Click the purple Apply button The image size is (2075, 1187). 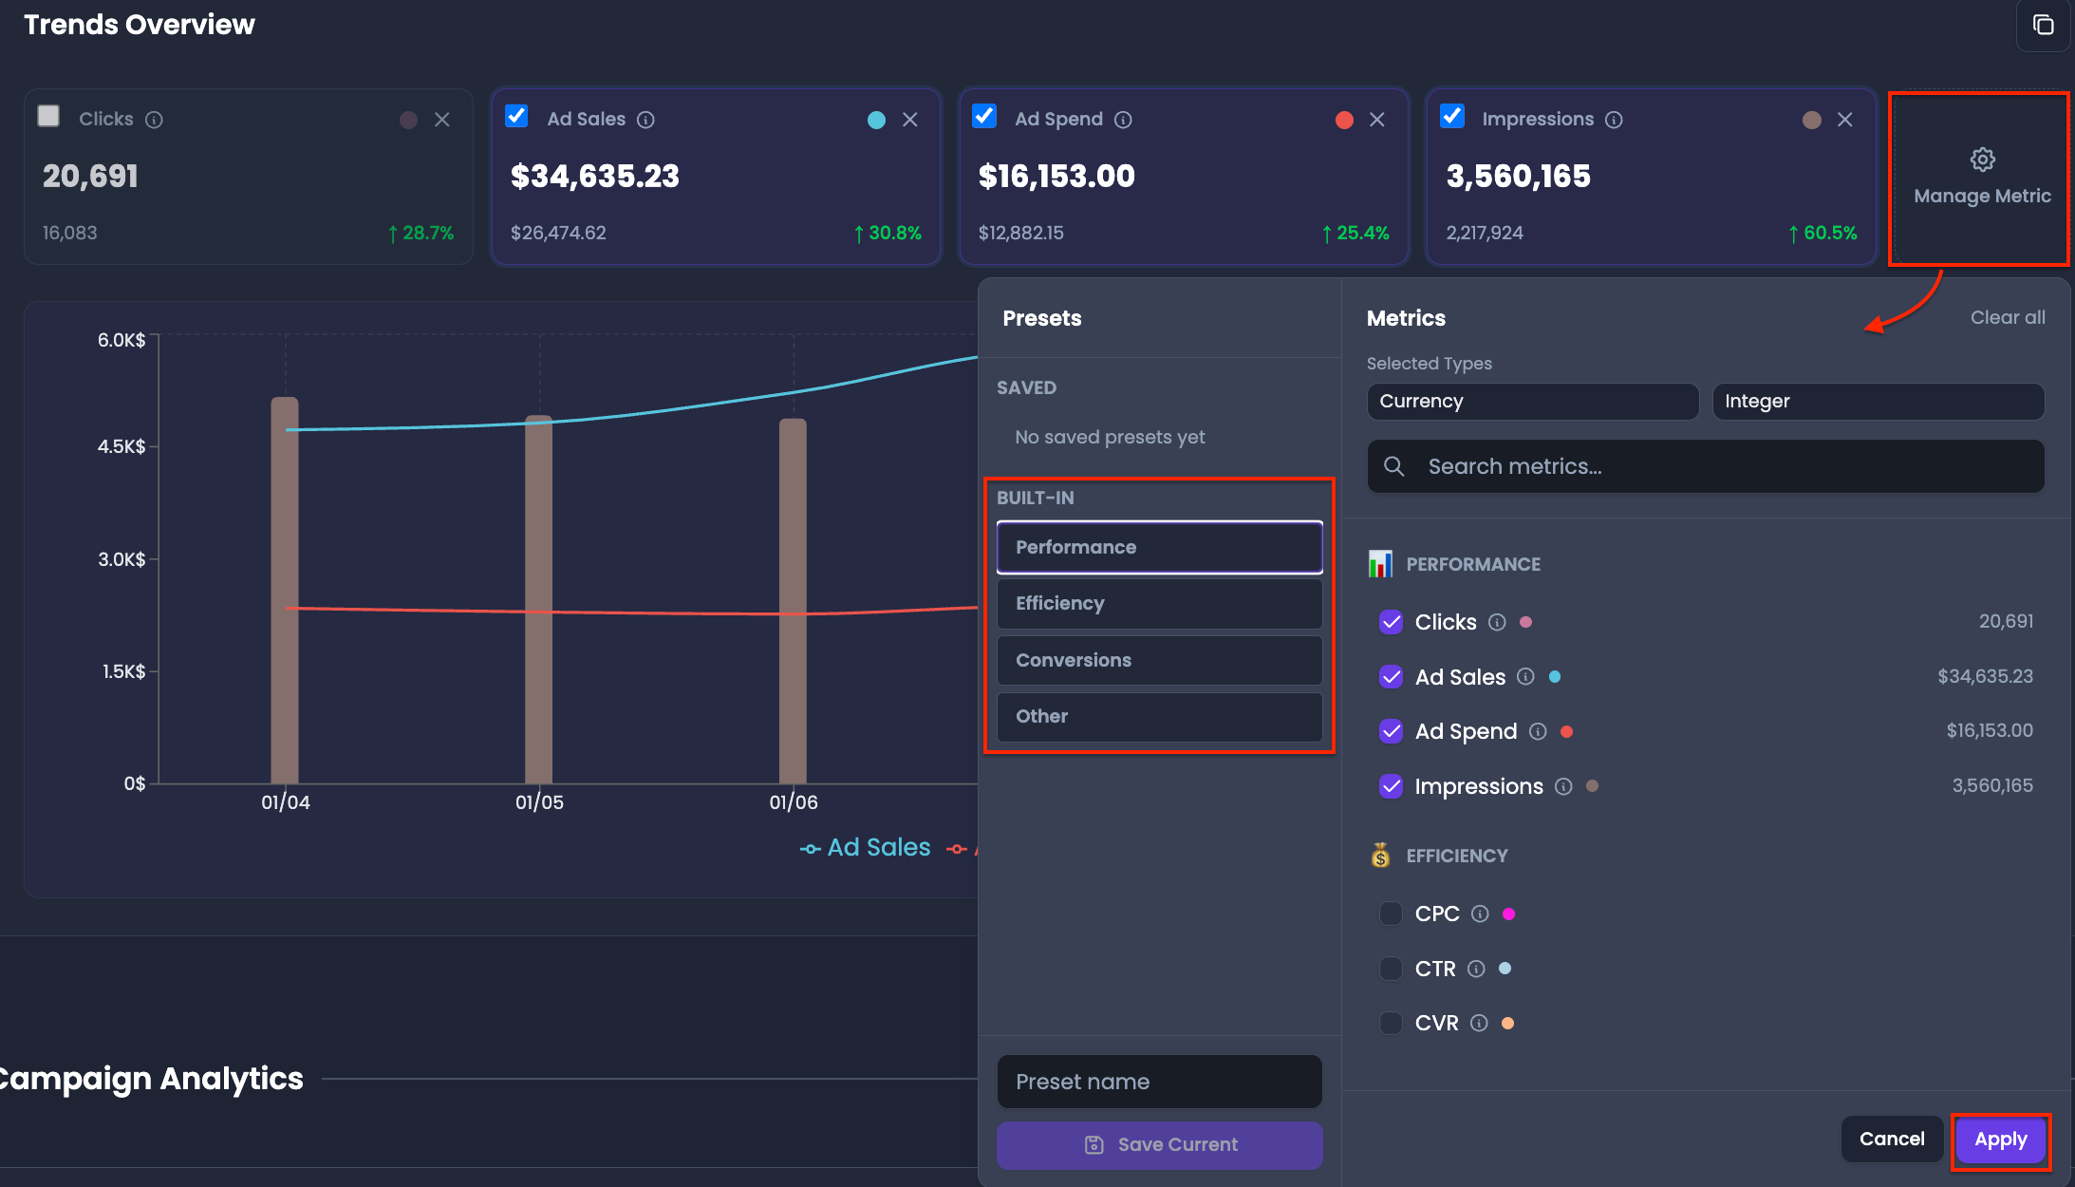[x=2000, y=1140]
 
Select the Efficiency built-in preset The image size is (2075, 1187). [x=1159, y=603]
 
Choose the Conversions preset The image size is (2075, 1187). [x=1159, y=660]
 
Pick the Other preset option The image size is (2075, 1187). [x=1159, y=716]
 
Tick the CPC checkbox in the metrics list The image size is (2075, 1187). [x=1391, y=914]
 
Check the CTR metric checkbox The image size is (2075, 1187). [x=1391, y=969]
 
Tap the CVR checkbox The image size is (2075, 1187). [x=1391, y=1023]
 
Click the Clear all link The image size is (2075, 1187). [x=2008, y=317]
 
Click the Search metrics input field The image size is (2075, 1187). [x=1706, y=466]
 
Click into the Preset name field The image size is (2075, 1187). [x=1159, y=1082]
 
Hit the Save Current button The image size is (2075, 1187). [x=1159, y=1145]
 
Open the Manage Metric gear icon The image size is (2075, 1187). [x=1983, y=160]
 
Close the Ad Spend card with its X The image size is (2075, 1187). [x=1377, y=120]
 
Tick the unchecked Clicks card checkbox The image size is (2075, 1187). [x=48, y=116]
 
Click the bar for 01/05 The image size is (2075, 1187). [x=538, y=599]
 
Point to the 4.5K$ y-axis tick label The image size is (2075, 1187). [x=122, y=446]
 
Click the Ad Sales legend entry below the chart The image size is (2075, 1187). [x=866, y=847]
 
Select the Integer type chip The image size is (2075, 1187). [x=1878, y=402]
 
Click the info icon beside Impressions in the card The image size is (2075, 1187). [x=1614, y=120]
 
